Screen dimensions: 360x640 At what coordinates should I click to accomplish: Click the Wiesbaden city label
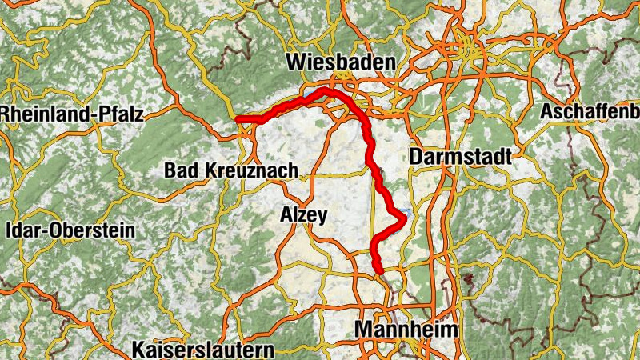[341, 62]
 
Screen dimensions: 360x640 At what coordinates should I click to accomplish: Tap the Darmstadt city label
[459, 157]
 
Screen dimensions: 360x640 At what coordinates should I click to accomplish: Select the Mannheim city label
[407, 330]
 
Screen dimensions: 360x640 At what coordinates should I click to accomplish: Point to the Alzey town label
[304, 214]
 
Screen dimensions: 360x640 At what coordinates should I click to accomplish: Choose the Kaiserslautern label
[203, 350]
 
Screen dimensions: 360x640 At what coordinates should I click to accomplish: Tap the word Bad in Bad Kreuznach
[178, 170]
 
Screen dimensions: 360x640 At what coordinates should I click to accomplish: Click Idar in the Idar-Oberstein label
[23, 230]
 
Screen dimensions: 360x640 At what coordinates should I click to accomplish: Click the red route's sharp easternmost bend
[408, 215]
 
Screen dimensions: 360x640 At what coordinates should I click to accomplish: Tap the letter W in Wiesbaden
[295, 62]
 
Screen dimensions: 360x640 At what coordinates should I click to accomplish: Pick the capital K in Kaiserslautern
[139, 350]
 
